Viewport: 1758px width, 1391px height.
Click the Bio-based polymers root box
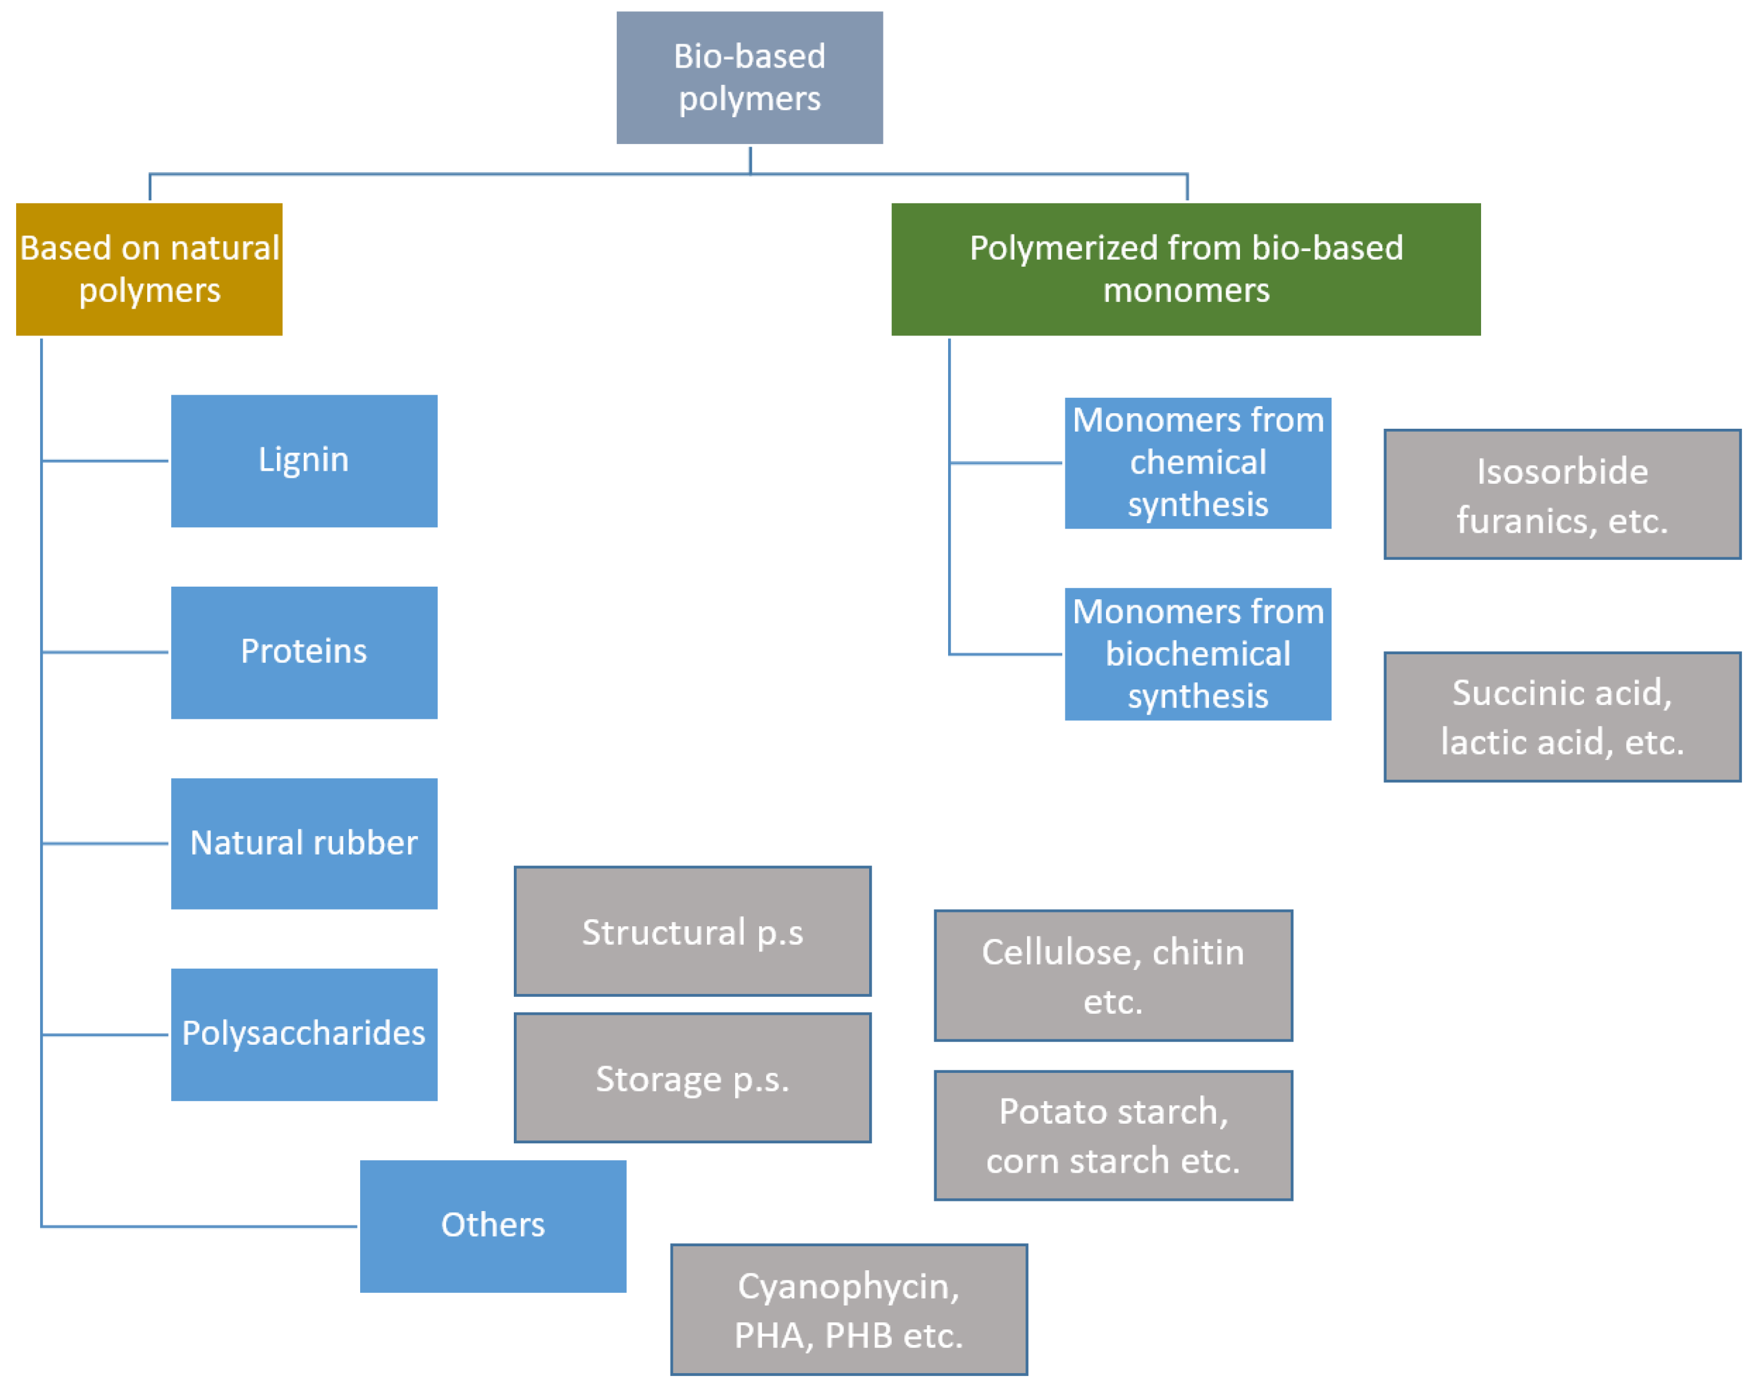click(749, 77)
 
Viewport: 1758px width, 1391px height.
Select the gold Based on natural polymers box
click(149, 269)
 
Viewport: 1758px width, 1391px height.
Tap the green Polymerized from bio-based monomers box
click(1186, 269)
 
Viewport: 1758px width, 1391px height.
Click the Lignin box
click(304, 461)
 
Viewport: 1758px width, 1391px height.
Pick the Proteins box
click(304, 652)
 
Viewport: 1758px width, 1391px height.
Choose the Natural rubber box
click(304, 843)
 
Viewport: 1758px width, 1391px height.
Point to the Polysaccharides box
click(304, 1035)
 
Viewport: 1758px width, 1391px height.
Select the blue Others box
click(493, 1226)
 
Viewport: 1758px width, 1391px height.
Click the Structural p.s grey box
click(693, 931)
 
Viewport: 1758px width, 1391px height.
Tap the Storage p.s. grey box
click(693, 1078)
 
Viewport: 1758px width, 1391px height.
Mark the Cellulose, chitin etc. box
click(1113, 975)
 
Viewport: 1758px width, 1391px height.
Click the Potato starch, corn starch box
click(1113, 1135)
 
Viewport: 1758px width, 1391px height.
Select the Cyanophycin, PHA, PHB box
click(849, 1310)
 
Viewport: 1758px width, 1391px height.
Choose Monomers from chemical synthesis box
click(1198, 463)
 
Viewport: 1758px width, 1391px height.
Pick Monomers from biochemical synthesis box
click(1198, 654)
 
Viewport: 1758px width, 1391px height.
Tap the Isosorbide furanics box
click(1562, 495)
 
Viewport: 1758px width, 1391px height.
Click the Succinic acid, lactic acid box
click(1562, 716)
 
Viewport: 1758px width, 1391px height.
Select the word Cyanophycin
click(849, 1286)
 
